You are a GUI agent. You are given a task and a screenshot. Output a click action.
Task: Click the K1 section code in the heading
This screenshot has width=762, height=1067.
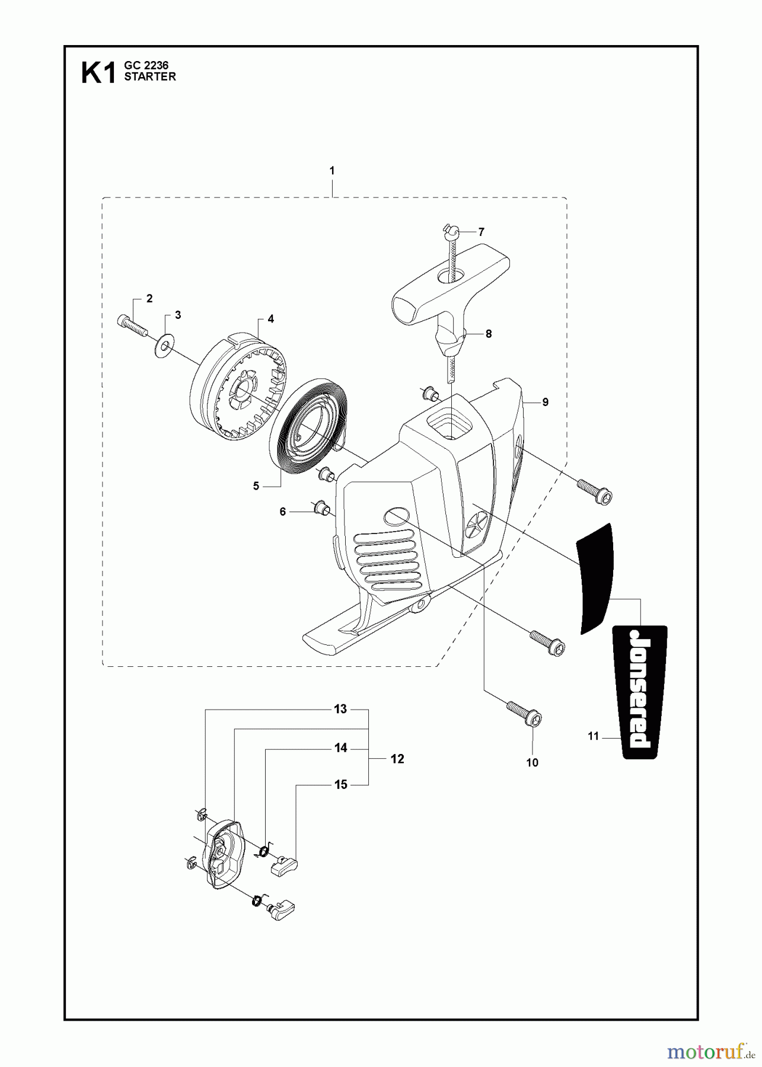pos(98,75)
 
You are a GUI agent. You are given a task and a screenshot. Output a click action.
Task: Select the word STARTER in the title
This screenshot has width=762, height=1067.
pos(149,77)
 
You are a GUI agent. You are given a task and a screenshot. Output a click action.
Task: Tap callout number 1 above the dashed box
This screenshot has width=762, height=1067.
pos(332,171)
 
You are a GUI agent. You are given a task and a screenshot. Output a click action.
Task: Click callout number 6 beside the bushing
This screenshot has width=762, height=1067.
pos(283,511)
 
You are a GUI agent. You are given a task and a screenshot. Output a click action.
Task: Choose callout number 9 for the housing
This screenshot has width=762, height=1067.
pos(545,402)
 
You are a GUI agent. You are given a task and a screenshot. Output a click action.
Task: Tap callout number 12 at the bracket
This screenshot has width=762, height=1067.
pos(397,759)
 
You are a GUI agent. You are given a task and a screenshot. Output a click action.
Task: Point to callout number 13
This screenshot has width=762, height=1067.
pos(340,709)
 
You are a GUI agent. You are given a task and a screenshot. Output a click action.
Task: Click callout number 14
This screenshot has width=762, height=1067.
pos(340,749)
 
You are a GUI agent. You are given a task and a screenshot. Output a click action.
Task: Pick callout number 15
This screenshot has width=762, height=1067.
pos(340,785)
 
